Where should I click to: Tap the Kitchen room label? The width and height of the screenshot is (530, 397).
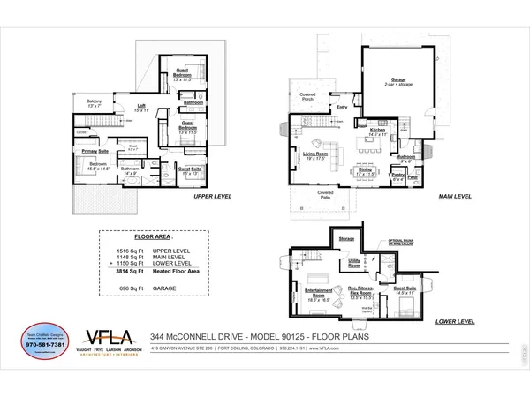point(378,129)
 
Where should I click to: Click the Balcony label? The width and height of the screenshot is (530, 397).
point(95,102)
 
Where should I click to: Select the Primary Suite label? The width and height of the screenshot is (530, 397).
point(95,151)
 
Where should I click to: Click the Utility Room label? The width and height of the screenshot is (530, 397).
point(354,262)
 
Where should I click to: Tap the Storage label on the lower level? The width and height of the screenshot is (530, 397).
point(346,238)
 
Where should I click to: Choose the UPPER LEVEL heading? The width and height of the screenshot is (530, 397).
point(212,197)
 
